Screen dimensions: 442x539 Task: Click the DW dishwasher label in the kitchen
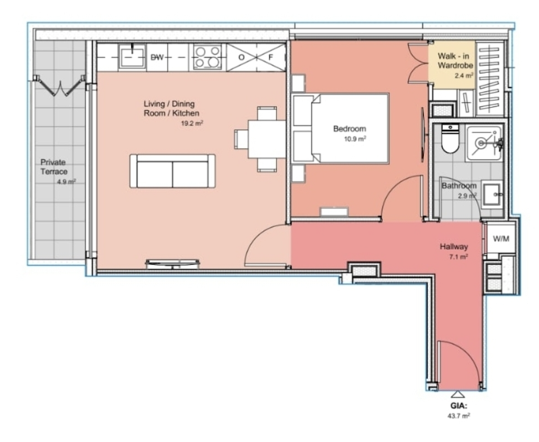click(157, 57)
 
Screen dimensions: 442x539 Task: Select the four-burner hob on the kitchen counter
click(207, 57)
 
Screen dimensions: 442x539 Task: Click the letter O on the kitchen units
click(241, 57)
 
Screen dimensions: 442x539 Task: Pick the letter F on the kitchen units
click(271, 57)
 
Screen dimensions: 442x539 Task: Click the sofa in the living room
click(173, 171)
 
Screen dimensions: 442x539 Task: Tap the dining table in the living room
click(267, 139)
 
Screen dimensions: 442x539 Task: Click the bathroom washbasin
click(492, 194)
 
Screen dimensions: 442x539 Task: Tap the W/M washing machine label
click(501, 239)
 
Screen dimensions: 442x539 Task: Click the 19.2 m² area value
click(192, 124)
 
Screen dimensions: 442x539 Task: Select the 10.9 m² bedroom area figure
click(355, 139)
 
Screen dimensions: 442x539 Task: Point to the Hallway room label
click(454, 247)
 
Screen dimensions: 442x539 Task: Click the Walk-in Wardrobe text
click(455, 61)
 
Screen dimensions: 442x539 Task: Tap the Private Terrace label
click(54, 167)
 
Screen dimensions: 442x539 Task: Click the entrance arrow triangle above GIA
click(457, 394)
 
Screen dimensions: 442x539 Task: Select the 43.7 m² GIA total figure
click(458, 416)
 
